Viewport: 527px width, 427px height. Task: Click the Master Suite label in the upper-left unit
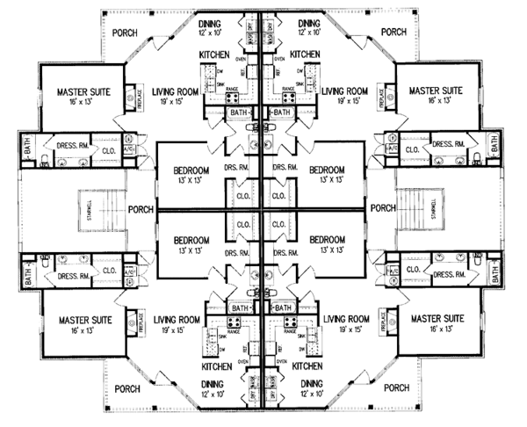click(x=84, y=90)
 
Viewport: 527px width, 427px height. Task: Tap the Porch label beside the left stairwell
click(x=141, y=209)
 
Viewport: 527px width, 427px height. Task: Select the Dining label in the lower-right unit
click(x=310, y=383)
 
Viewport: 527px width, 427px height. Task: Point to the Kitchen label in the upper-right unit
click(x=304, y=54)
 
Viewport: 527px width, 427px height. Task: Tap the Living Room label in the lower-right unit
click(x=344, y=319)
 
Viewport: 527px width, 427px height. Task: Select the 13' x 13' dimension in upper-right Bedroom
click(x=326, y=181)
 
